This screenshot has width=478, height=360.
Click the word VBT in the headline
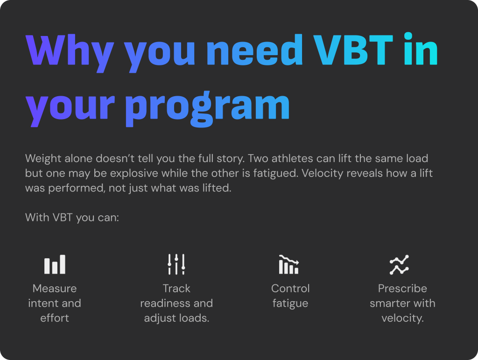point(353,49)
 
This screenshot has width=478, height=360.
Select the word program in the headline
point(207,108)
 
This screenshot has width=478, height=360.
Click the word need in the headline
point(254,49)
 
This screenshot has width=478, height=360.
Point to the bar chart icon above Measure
point(55,264)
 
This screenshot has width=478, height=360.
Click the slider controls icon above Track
point(176,264)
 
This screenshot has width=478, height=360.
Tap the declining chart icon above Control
point(289,265)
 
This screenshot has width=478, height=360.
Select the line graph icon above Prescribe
point(400,265)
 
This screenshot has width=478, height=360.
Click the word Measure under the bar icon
point(55,289)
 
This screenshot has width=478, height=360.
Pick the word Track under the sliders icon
point(176,289)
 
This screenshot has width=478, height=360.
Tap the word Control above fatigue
point(290,289)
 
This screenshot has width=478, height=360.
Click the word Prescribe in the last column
point(402,289)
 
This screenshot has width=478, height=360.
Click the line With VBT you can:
point(72,218)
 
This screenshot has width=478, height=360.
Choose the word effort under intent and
point(55,318)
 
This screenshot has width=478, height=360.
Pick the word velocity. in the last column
point(402,318)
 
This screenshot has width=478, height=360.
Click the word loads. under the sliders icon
point(194,318)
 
